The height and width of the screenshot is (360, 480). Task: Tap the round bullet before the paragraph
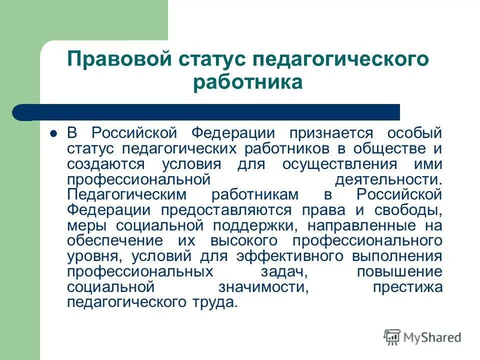coord(53,134)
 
